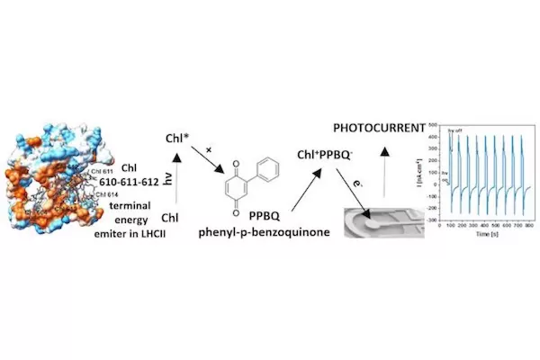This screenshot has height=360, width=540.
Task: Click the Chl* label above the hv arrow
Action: (x=179, y=139)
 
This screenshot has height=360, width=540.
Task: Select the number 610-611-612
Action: (x=134, y=182)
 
